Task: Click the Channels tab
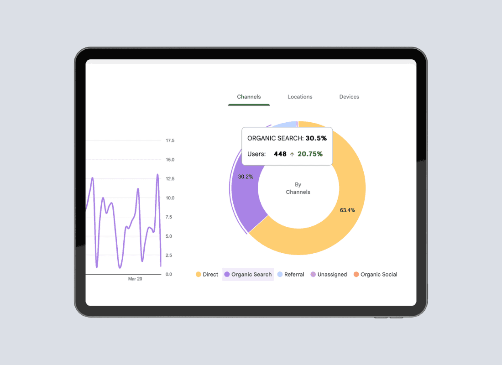point(249,97)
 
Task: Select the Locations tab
point(300,97)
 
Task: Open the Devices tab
point(349,97)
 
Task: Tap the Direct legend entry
point(207,274)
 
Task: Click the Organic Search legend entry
point(248,274)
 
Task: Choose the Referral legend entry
point(291,274)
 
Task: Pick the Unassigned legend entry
point(329,274)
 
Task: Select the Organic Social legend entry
point(376,274)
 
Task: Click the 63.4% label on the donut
point(347,210)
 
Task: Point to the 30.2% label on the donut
point(246,177)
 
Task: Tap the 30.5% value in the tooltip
point(316,138)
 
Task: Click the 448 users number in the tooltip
point(280,154)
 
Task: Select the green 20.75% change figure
point(310,154)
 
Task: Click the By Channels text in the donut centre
point(298,188)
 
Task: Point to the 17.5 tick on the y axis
point(170,140)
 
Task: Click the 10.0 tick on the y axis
point(170,198)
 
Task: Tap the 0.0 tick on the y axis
point(169,274)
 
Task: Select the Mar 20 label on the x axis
point(135,279)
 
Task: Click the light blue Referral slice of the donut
point(285,124)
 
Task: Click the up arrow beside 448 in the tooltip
point(292,154)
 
